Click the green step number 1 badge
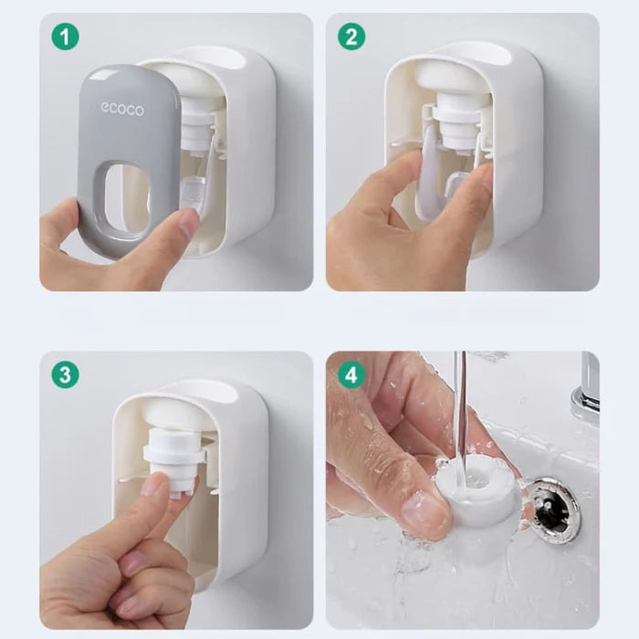click(66, 37)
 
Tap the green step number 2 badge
click(352, 37)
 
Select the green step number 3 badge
click(66, 374)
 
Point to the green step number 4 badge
click(352, 374)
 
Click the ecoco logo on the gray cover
click(122, 110)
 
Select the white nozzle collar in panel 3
click(173, 456)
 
